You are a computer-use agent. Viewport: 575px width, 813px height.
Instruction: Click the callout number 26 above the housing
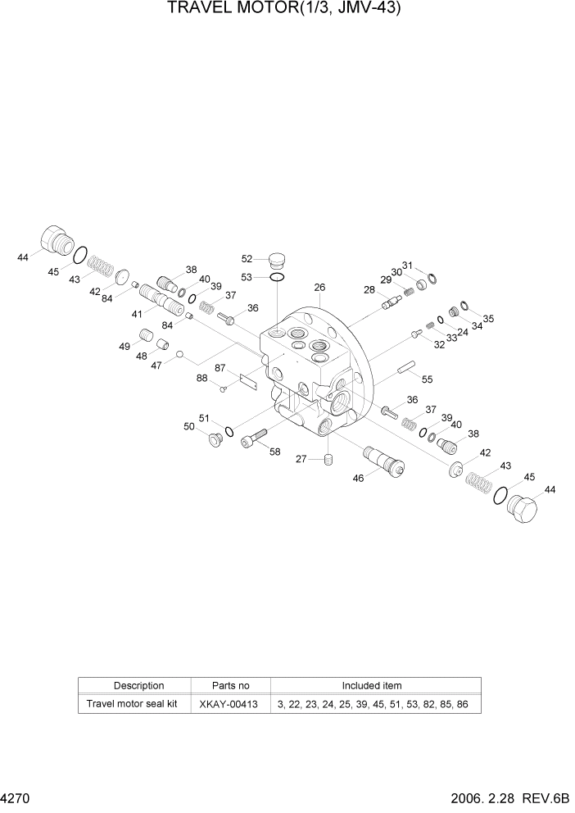(319, 288)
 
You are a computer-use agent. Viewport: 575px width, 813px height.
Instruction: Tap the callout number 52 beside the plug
(246, 260)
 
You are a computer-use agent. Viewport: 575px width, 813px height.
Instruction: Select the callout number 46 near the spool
(358, 479)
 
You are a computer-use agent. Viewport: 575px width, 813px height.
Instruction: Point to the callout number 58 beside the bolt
(274, 452)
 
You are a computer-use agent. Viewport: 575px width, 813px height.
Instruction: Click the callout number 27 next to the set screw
(301, 460)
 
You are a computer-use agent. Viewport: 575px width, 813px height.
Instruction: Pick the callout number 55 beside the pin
(427, 379)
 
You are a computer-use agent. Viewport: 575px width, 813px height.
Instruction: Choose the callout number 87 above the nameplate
(220, 368)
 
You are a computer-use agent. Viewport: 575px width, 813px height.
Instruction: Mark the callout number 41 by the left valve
(137, 313)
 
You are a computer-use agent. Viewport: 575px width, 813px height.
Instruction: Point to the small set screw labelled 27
(327, 459)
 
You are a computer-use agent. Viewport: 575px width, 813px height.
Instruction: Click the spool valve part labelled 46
(383, 460)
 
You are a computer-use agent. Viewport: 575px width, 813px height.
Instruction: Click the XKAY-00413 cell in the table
(230, 704)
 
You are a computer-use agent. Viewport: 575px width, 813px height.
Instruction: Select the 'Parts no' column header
(230, 685)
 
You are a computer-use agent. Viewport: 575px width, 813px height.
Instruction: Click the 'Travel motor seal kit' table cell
(133, 704)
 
